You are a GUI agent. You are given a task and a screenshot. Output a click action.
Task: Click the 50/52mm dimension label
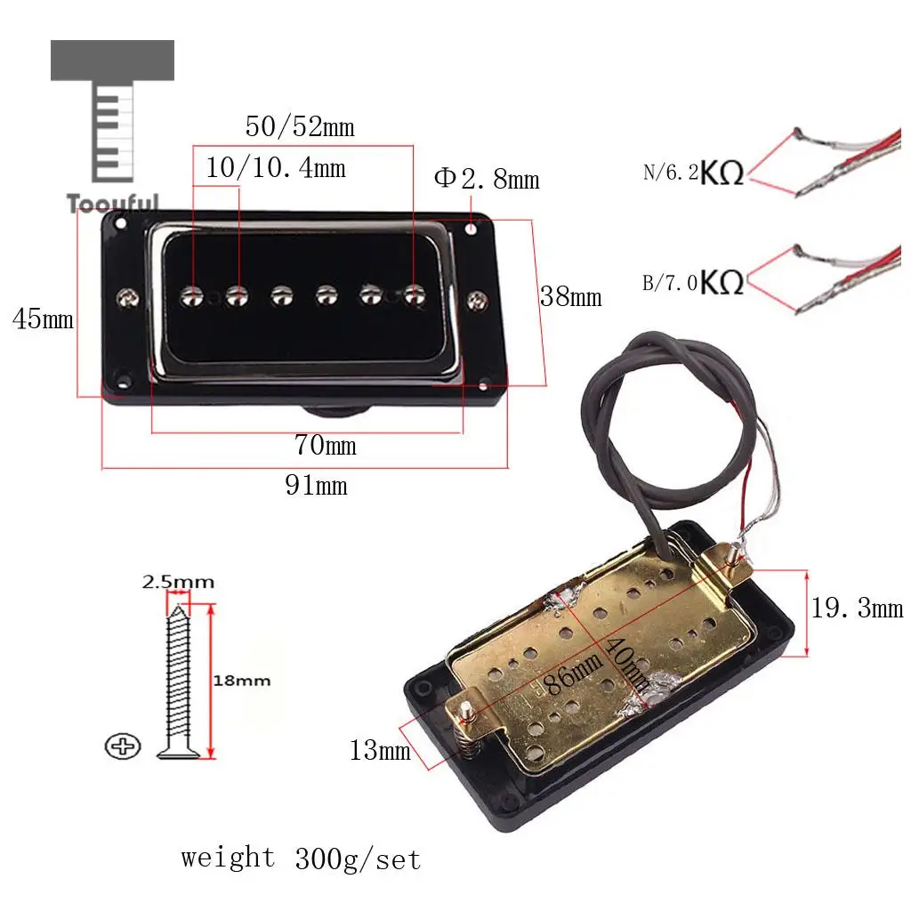tap(300, 126)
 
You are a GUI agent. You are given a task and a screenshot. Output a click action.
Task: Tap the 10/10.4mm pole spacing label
tap(276, 168)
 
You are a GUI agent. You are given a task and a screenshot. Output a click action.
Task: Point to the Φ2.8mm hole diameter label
tap(487, 178)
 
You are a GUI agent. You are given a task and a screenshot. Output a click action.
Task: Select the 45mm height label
tap(43, 319)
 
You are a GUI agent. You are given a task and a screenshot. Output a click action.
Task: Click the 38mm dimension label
tap(570, 296)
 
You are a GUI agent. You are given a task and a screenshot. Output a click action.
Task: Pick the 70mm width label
tap(326, 445)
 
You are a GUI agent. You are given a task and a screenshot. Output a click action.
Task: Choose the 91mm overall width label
tap(316, 485)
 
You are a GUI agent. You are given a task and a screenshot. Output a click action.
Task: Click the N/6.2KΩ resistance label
tap(694, 173)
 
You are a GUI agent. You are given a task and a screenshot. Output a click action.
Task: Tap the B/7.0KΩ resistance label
tap(693, 282)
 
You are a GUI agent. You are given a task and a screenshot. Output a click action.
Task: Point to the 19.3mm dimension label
tap(858, 609)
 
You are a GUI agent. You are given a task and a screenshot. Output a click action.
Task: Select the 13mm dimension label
tap(380, 750)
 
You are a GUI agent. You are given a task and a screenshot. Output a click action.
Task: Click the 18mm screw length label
tap(242, 681)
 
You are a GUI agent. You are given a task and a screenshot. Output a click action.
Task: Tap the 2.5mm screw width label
tap(178, 582)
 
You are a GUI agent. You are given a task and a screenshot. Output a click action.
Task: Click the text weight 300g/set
tap(301, 859)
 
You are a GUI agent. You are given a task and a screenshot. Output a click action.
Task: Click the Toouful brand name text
tap(113, 204)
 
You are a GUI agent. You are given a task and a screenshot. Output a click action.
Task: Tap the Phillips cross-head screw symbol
tap(123, 746)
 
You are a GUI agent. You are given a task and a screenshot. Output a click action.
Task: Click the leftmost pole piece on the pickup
tap(192, 295)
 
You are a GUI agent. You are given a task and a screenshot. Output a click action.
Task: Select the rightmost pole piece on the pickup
tap(415, 294)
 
